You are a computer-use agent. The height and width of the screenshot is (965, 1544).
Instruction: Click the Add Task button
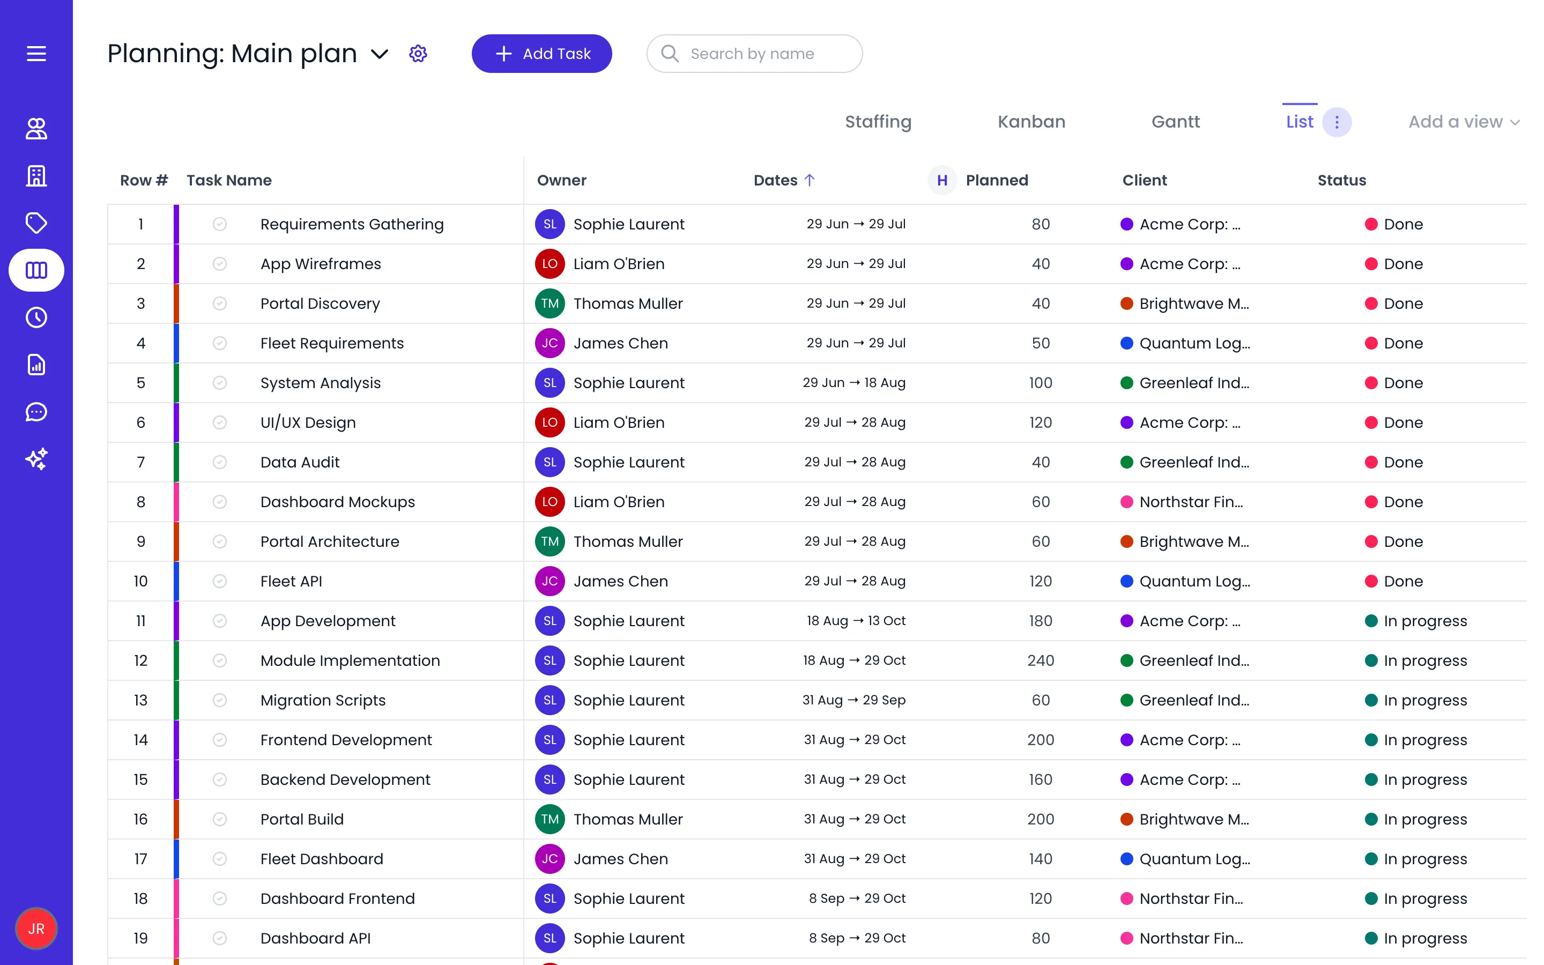tap(541, 54)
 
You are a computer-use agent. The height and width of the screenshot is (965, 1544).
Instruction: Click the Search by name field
tap(754, 54)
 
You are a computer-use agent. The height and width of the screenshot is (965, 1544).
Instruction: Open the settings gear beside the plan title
tap(418, 54)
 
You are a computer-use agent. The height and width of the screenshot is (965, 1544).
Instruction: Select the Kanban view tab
tap(1031, 121)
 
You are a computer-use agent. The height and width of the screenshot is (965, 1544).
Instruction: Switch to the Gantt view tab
tap(1175, 121)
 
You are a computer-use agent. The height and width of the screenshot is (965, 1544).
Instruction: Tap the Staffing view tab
tap(878, 121)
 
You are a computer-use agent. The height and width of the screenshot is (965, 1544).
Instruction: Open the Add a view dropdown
tap(1464, 121)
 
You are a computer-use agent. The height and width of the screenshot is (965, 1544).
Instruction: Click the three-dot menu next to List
tap(1337, 121)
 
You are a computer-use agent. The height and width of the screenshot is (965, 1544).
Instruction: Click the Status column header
tap(1342, 180)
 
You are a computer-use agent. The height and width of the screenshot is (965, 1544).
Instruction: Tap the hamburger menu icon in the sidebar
tap(36, 54)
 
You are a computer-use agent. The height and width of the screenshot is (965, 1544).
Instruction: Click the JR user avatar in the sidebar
tap(36, 929)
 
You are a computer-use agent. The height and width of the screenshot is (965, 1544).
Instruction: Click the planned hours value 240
tap(1041, 660)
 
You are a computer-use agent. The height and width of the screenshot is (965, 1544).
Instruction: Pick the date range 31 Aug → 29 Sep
tap(853, 700)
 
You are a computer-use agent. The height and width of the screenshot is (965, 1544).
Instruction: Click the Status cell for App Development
tap(1416, 621)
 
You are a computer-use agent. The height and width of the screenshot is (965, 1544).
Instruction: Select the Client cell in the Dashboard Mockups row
tap(1182, 502)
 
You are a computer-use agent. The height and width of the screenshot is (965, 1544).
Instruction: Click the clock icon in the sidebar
tap(36, 317)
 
